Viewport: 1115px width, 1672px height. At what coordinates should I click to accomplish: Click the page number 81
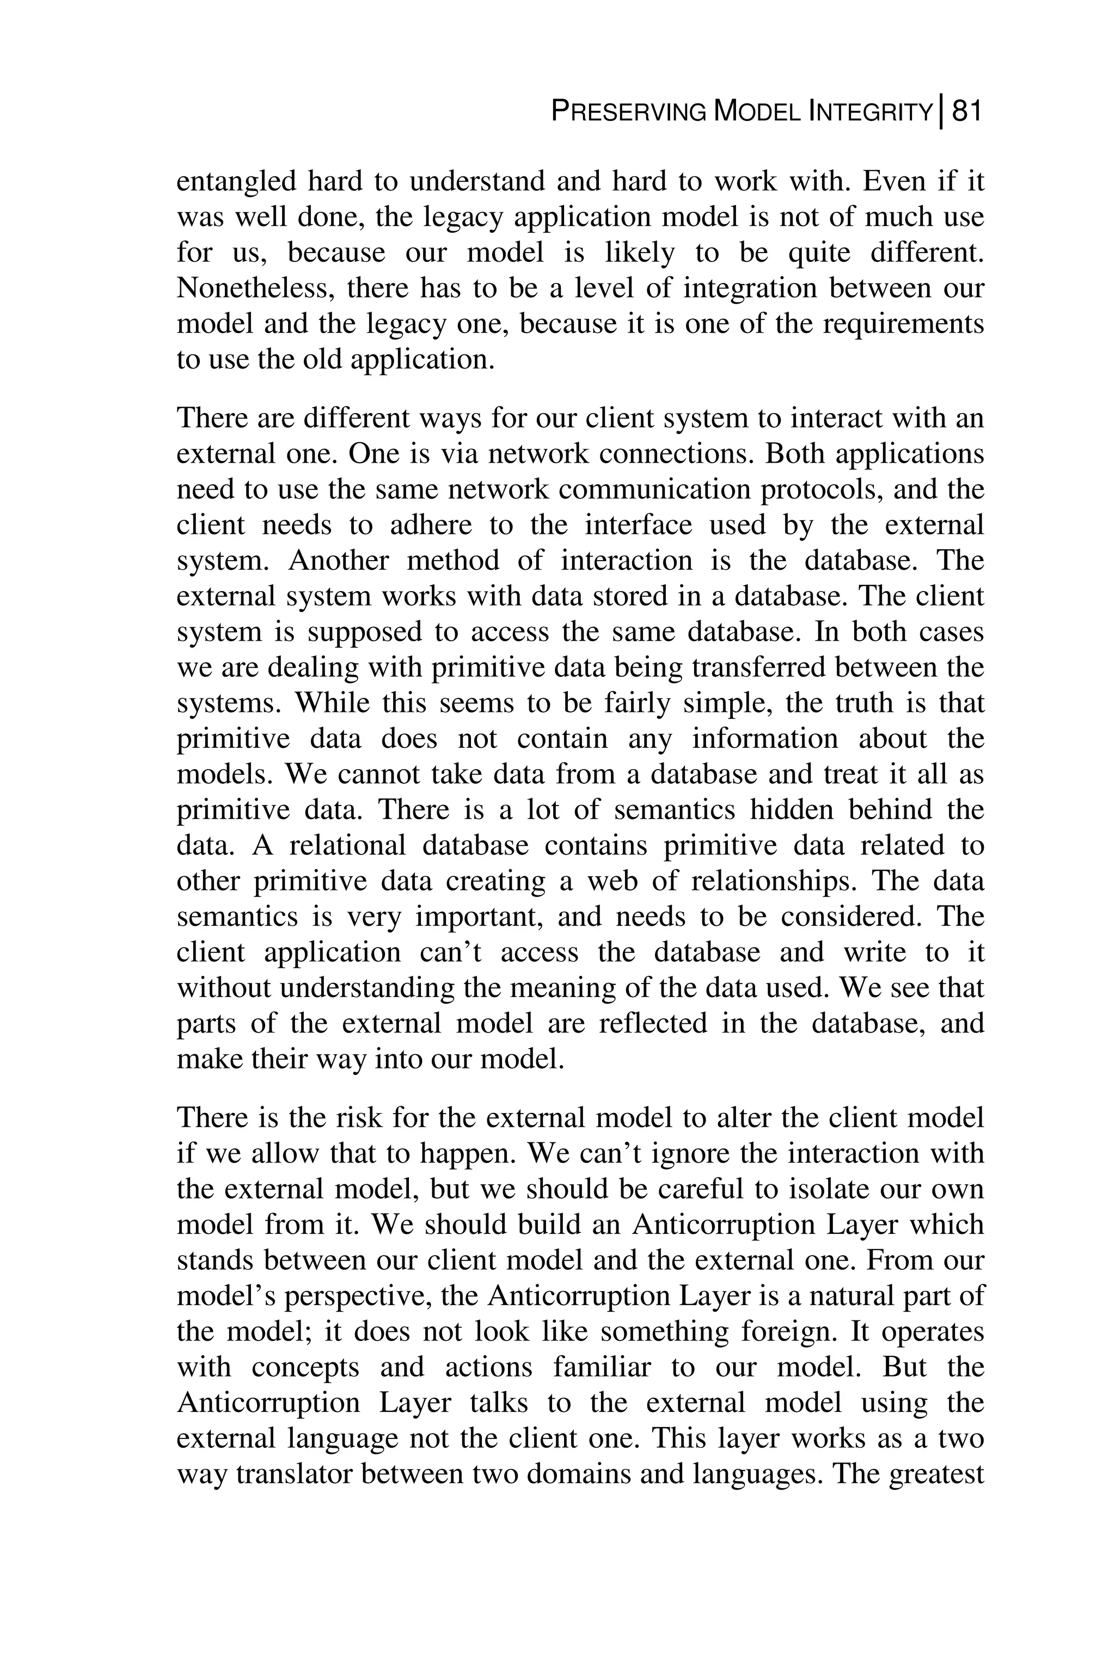pos(966,112)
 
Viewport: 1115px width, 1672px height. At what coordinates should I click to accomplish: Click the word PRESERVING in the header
pos(629,112)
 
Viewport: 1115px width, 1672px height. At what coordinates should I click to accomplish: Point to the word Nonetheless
pos(253,288)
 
